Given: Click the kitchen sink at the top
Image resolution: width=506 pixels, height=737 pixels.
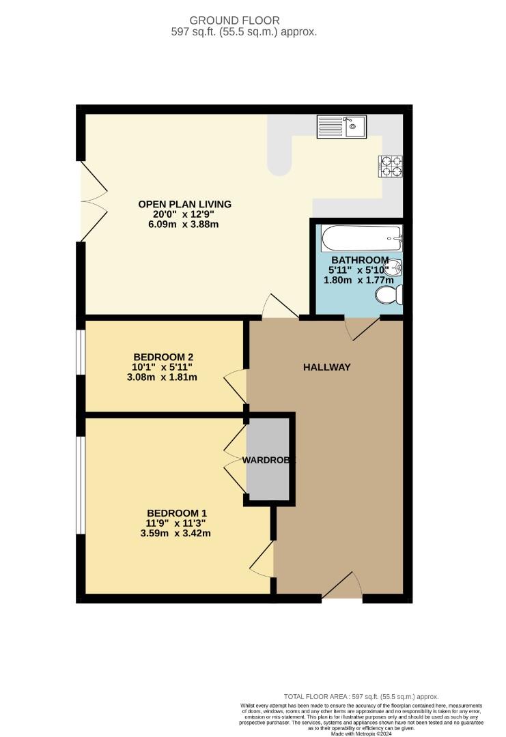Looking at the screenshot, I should [341, 126].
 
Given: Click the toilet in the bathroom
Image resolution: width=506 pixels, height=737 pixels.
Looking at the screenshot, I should [390, 295].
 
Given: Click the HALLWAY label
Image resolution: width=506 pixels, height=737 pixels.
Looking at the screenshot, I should [327, 367].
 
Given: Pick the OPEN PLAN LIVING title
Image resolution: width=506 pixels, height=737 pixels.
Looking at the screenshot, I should [185, 204].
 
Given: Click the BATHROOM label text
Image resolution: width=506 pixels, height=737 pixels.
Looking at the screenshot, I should [360, 260].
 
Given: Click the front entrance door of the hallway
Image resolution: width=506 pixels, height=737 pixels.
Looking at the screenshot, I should [342, 588].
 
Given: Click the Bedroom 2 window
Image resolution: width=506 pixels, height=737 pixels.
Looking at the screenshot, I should [81, 353].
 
